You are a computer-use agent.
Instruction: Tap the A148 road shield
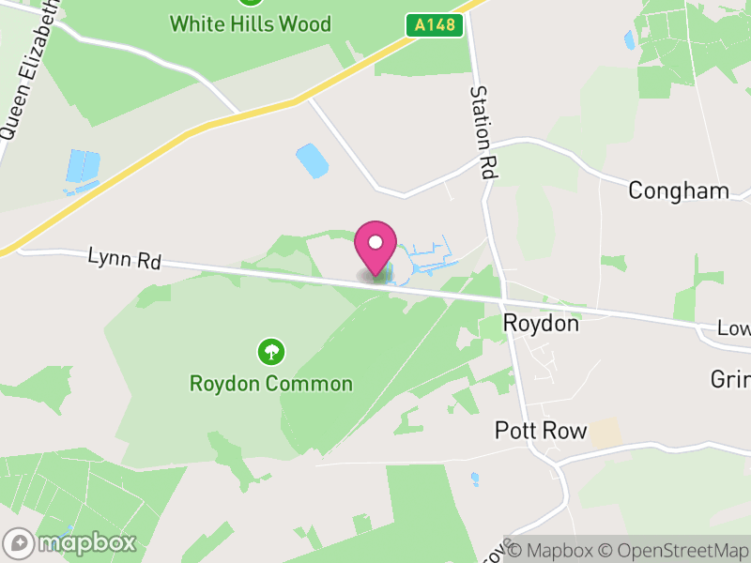(436, 25)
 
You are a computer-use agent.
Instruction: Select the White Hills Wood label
(251, 23)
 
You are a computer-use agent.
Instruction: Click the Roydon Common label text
(271, 384)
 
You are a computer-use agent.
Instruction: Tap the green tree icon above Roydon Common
(271, 353)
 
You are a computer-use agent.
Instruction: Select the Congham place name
(678, 191)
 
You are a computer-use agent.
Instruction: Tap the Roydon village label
(541, 324)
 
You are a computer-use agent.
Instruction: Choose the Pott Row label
(541, 432)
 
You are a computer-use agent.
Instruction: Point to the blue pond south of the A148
(312, 160)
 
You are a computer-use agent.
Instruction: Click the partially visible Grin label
(731, 380)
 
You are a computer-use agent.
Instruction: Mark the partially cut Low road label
(733, 329)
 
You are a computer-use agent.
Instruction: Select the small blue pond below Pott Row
(475, 479)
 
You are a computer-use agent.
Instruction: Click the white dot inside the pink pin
(375, 242)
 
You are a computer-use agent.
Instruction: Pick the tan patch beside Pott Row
(607, 434)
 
